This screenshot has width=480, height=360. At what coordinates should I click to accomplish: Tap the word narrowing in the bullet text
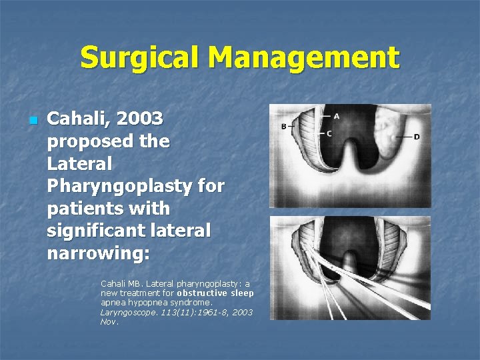coord(99,254)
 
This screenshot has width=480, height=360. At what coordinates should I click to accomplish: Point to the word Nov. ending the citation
coord(108,321)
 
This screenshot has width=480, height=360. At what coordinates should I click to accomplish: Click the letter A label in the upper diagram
coord(337,116)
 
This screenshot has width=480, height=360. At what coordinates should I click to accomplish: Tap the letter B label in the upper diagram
coord(283,126)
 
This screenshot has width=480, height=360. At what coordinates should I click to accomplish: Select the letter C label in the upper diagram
coord(329,133)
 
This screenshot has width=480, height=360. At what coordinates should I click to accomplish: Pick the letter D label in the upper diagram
coord(417,137)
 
